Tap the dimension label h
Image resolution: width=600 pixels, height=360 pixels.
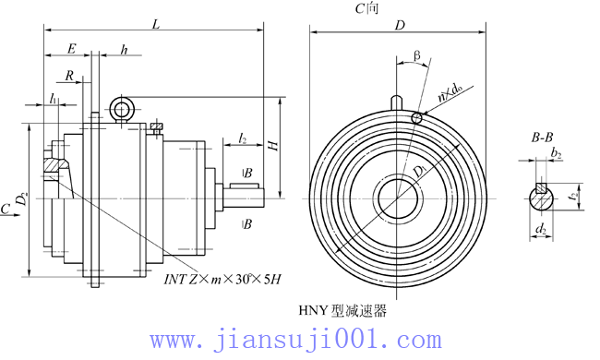pos(124,50)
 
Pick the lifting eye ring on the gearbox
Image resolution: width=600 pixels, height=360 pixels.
pos(121,110)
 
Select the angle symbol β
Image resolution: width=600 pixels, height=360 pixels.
pos(417,57)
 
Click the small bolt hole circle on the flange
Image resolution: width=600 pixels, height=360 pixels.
pos(417,117)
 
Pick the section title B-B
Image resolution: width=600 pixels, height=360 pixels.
pos(542,138)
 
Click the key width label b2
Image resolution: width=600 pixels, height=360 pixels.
pos(556,153)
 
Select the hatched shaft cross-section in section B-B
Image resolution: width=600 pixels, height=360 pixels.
pos(541,197)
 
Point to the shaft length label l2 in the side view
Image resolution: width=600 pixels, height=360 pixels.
pos(242,138)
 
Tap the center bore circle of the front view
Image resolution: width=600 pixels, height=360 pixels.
pos(400,198)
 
